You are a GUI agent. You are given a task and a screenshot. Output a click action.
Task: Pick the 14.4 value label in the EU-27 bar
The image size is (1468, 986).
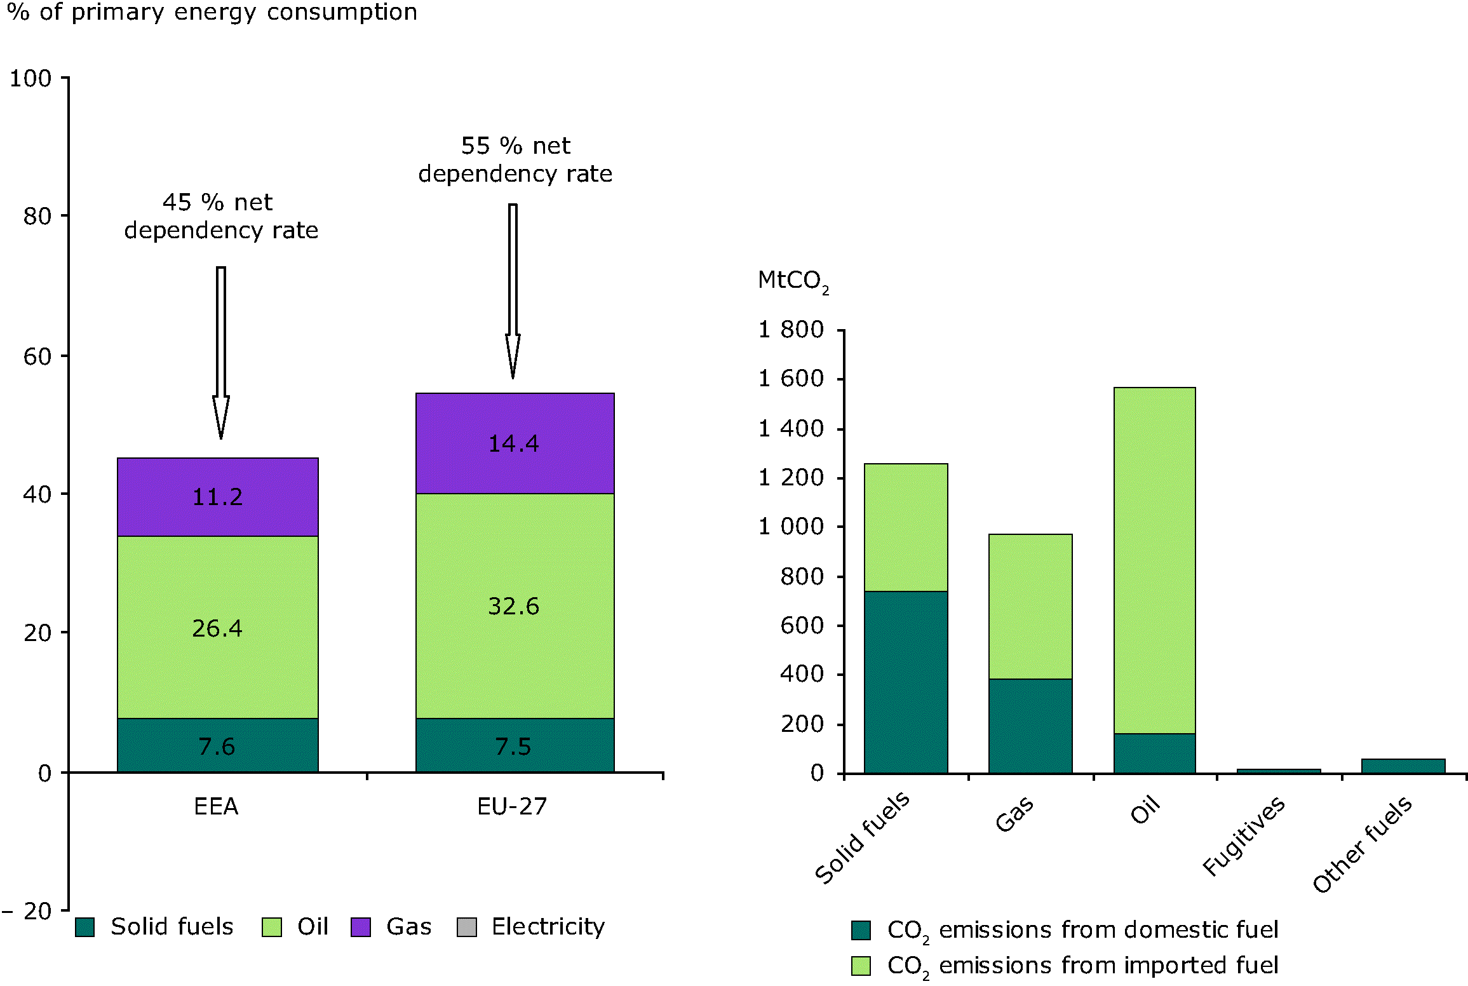(513, 443)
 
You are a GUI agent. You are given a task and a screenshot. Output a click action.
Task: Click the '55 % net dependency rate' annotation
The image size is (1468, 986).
(515, 159)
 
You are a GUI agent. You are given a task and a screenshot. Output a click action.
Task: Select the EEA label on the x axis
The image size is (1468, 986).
(216, 807)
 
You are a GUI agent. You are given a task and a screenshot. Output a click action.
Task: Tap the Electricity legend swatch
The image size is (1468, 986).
(467, 928)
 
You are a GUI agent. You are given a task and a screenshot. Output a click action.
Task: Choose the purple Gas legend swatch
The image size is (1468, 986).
(361, 928)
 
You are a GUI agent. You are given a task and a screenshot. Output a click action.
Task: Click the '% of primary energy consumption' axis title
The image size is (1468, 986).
(212, 13)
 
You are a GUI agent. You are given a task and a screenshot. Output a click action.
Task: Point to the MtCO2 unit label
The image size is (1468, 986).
(793, 281)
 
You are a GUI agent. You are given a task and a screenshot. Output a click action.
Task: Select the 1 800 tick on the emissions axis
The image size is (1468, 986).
(791, 330)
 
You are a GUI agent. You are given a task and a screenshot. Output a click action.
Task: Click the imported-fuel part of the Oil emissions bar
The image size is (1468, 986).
(1154, 559)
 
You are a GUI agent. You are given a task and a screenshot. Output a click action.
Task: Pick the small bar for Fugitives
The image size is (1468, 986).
(1279, 771)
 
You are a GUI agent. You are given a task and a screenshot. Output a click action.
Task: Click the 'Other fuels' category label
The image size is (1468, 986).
(1363, 846)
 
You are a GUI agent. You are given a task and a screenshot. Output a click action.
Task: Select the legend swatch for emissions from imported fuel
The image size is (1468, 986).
(861, 966)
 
